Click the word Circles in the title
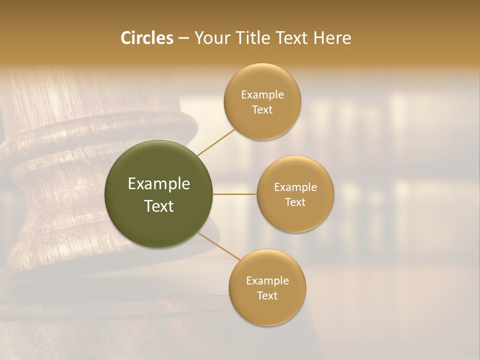146,38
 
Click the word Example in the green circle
159,184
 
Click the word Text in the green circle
159,206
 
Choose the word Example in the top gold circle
262,95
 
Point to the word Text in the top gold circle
262,110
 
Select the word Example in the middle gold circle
295,187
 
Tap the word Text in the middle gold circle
295,202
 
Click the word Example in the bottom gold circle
267,281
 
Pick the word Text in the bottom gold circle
267,296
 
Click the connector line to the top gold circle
216,142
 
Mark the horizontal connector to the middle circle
234,194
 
